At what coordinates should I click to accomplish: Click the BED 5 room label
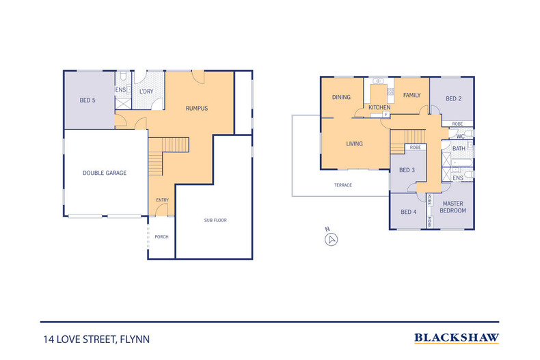pos(87,100)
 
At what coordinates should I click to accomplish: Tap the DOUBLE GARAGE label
pos(105,173)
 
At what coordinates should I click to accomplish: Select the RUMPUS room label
pos(197,108)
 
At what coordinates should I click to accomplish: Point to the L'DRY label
pos(146,92)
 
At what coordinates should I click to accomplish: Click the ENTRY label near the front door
pos(162,200)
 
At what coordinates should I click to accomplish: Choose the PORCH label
pos(161,237)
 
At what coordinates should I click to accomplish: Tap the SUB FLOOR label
pos(215,220)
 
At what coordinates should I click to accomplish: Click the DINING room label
pos(341,97)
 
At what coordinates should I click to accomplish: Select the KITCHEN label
pos(379,107)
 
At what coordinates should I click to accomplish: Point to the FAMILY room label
pos(412,95)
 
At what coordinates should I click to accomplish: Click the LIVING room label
pos(354,143)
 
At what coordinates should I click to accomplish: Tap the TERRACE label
pos(343,185)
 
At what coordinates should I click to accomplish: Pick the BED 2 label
pos(454,98)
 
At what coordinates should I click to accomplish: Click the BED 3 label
pos(407,170)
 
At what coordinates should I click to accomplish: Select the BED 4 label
pos(409,212)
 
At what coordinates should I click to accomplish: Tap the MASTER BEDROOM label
pos(453,207)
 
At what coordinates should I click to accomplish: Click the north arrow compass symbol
pos(332,240)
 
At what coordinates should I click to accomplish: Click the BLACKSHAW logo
pos(457,337)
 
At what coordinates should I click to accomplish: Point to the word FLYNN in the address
pos(135,340)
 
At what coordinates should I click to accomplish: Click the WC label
pos(461,137)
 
